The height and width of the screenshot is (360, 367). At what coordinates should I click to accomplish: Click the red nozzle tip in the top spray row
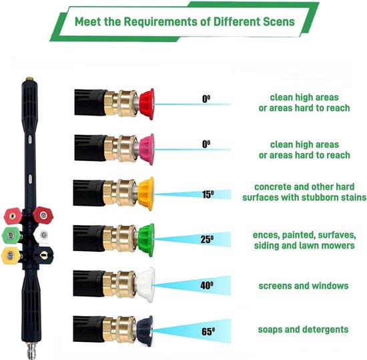click(x=147, y=104)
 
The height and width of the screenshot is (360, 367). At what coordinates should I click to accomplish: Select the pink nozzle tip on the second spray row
click(x=147, y=150)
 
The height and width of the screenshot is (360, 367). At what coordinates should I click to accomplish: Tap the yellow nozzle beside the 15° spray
click(x=146, y=194)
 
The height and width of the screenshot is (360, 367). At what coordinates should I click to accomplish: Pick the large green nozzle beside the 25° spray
click(x=146, y=240)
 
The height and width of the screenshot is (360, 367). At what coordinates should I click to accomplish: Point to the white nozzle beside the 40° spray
click(x=145, y=285)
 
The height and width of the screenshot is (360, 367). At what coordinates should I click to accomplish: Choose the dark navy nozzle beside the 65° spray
click(x=145, y=330)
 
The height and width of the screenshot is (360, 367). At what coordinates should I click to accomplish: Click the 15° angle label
click(x=208, y=194)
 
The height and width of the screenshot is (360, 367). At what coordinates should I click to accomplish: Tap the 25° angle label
click(x=207, y=239)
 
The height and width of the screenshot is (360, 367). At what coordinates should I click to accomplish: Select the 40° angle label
click(x=207, y=285)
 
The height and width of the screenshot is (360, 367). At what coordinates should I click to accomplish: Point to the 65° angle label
click(x=208, y=331)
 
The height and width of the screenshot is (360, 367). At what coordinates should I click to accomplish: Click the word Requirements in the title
click(x=161, y=22)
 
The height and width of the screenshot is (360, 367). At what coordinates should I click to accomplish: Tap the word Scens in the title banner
click(x=279, y=21)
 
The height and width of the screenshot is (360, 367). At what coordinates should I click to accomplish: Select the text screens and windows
click(x=304, y=286)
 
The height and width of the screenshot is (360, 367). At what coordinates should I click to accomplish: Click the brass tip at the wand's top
click(x=29, y=79)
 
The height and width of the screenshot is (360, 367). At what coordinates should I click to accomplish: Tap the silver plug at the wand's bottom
click(x=31, y=350)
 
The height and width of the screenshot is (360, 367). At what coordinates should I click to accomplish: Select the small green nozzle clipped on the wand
click(x=11, y=235)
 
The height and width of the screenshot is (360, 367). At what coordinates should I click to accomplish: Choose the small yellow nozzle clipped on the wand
click(x=10, y=256)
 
